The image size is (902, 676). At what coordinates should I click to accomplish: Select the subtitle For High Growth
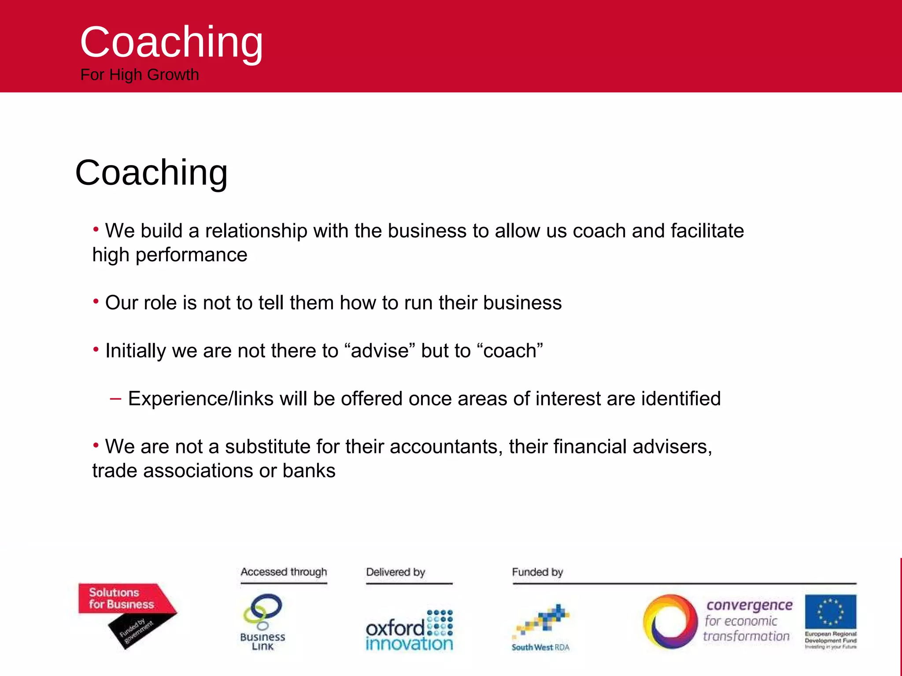pyautogui.click(x=140, y=75)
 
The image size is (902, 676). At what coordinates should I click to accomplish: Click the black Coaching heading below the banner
pyautogui.click(x=152, y=173)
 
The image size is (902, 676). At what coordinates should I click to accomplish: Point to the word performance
pyautogui.click(x=191, y=255)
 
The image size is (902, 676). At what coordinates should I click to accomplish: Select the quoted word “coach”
pyautogui.click(x=510, y=351)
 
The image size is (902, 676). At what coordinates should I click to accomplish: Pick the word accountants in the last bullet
pyautogui.click(x=446, y=447)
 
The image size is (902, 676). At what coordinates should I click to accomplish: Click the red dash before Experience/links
pyautogui.click(x=115, y=399)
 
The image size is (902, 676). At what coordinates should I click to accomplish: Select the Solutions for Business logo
pyautogui.click(x=127, y=614)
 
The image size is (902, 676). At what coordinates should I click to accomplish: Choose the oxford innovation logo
pyautogui.click(x=409, y=630)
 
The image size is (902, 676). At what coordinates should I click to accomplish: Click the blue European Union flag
pyautogui.click(x=830, y=611)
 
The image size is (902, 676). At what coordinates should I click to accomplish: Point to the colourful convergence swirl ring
pyautogui.click(x=670, y=621)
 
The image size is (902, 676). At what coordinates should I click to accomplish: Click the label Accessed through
pyautogui.click(x=284, y=572)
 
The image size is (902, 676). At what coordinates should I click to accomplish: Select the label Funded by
pyautogui.click(x=537, y=572)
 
